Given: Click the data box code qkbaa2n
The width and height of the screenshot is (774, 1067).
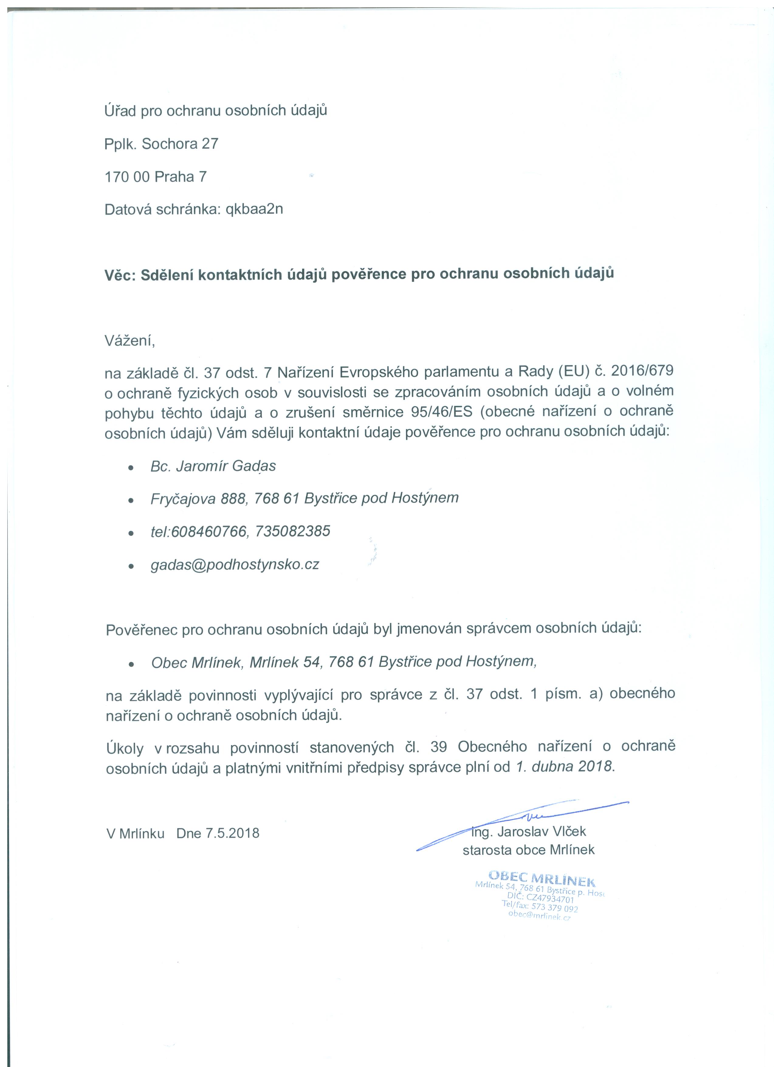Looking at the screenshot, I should (x=254, y=209).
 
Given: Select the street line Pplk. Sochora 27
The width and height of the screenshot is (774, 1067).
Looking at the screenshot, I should (x=161, y=144).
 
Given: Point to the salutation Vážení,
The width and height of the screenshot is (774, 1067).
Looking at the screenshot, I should (x=129, y=341).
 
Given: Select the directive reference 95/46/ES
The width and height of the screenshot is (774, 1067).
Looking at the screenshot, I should (x=438, y=412).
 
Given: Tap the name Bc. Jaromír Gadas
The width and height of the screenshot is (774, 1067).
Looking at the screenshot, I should (x=213, y=466).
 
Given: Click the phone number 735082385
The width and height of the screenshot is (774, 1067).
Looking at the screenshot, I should (x=292, y=531).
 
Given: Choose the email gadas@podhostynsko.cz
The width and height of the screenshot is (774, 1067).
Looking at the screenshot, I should (x=235, y=565).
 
